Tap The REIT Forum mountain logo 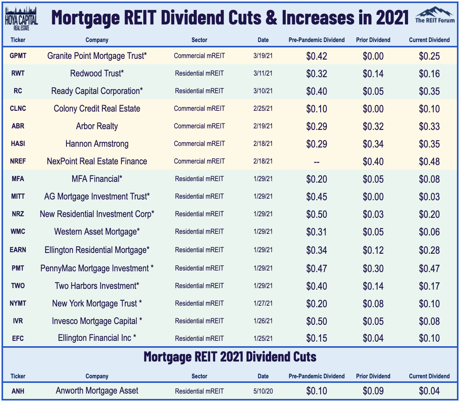[x=435, y=15]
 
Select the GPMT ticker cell [x=18, y=56]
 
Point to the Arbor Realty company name [x=97, y=126]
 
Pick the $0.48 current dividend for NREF [x=429, y=162]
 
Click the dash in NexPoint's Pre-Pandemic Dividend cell [x=316, y=162]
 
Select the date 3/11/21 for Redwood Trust [x=263, y=73]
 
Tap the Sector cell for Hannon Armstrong [x=199, y=144]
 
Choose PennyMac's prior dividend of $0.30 [x=373, y=269]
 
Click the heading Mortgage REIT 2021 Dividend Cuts [x=230, y=357]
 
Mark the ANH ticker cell [x=18, y=391]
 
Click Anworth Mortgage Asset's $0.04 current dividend [x=429, y=391]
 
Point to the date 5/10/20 [x=263, y=391]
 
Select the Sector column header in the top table [x=199, y=40]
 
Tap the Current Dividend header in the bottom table [x=429, y=376]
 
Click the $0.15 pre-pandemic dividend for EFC [x=316, y=338]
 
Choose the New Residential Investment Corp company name [x=97, y=214]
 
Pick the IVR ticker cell [x=18, y=321]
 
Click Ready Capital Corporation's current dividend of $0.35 [x=429, y=91]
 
